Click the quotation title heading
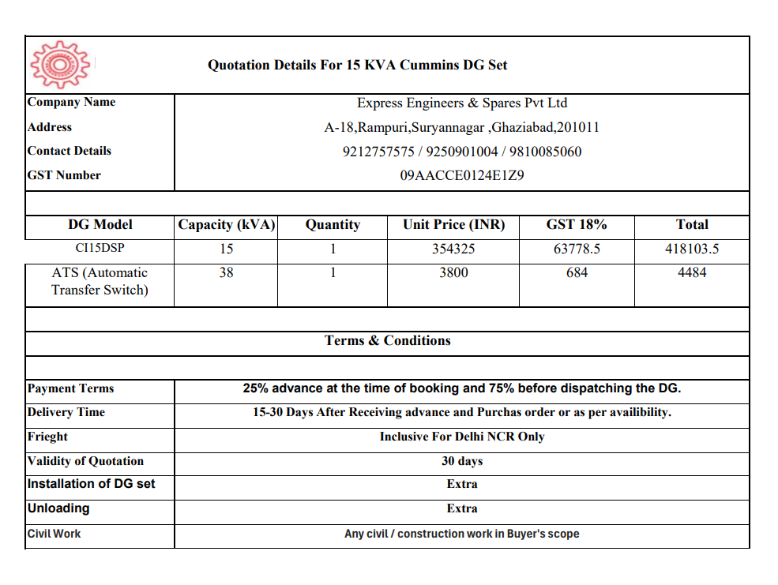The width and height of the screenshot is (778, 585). pyautogui.click(x=357, y=65)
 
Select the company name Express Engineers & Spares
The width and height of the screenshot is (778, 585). pyautogui.click(x=462, y=103)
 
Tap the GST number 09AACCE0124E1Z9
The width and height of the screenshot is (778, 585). pyautogui.click(x=462, y=175)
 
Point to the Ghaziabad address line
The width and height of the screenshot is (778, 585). pyautogui.click(x=462, y=127)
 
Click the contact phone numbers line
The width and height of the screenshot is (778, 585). pyautogui.click(x=462, y=152)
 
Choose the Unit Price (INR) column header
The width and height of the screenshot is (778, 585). pyautogui.click(x=453, y=224)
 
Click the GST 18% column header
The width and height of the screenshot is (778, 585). pyautogui.click(x=577, y=224)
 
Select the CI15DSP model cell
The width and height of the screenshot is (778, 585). pyautogui.click(x=100, y=249)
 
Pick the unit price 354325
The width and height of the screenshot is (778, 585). pyautogui.click(x=453, y=249)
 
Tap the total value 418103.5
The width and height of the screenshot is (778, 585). pyautogui.click(x=692, y=249)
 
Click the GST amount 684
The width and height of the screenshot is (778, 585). pyautogui.click(x=577, y=272)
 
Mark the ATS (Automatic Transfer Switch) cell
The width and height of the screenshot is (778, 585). pyautogui.click(x=100, y=281)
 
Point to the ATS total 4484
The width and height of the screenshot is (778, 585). pyautogui.click(x=692, y=272)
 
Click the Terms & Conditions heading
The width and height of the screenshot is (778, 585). pyautogui.click(x=387, y=340)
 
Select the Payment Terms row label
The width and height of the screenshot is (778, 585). pyautogui.click(x=70, y=388)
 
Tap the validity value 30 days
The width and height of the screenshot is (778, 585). pyautogui.click(x=462, y=461)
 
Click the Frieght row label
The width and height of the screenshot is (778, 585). pyautogui.click(x=47, y=437)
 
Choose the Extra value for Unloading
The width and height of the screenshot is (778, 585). pyautogui.click(x=462, y=508)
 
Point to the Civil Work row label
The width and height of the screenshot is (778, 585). pyautogui.click(x=54, y=534)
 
